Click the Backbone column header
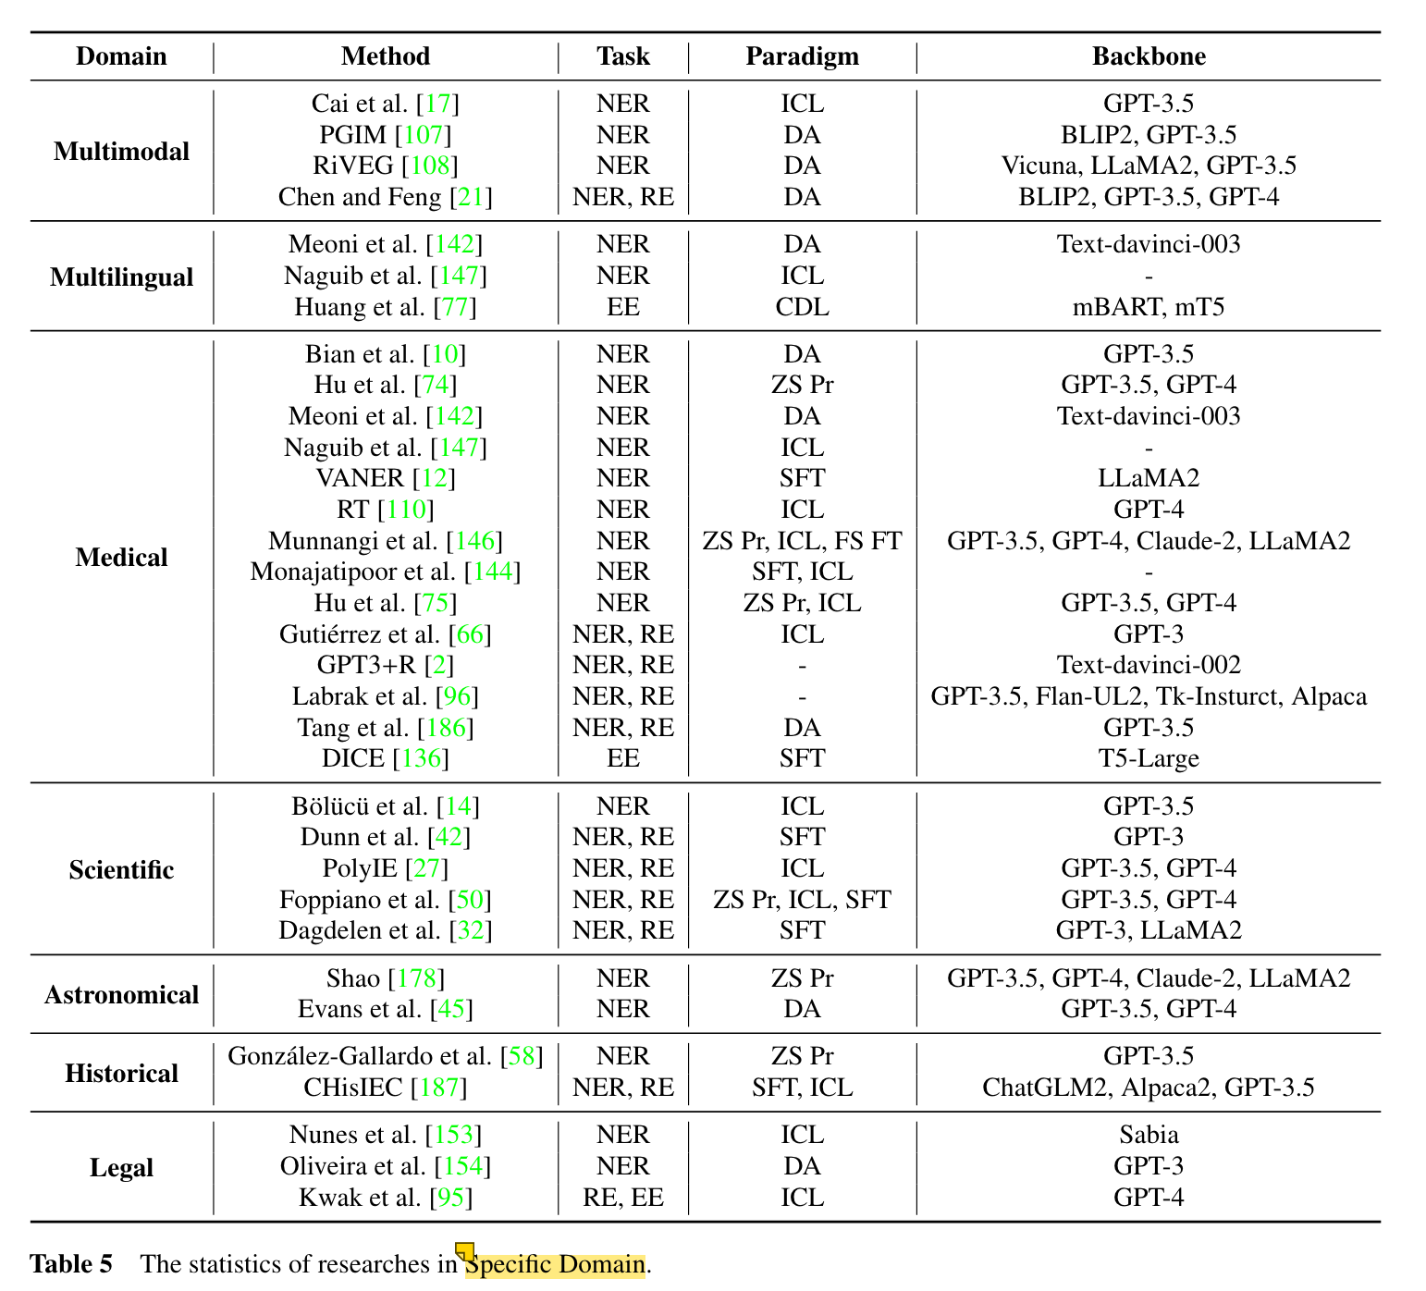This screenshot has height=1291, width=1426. tap(1149, 56)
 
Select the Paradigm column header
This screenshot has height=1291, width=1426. tap(802, 56)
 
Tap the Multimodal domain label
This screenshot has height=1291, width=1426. tap(121, 151)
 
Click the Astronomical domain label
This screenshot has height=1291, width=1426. tap(121, 994)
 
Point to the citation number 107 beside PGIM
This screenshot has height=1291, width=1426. tap(424, 135)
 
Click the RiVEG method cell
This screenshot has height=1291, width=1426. tap(385, 166)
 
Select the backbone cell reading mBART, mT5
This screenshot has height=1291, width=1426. tap(1149, 306)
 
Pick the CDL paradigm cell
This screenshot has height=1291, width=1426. tap(802, 306)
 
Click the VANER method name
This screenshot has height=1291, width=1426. tap(360, 478)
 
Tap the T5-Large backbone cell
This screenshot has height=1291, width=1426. tap(1149, 758)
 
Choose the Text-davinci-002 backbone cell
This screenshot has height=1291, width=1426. tap(1149, 665)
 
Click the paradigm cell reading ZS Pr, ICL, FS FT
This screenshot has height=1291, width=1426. tap(802, 540)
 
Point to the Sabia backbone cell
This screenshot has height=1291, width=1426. tap(1149, 1135)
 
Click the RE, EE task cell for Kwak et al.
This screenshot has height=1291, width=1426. tap(623, 1198)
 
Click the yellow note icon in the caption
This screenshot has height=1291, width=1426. tap(464, 1252)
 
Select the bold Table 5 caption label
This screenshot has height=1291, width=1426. tap(71, 1264)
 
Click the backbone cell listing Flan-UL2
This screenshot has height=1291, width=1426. tap(1149, 696)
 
